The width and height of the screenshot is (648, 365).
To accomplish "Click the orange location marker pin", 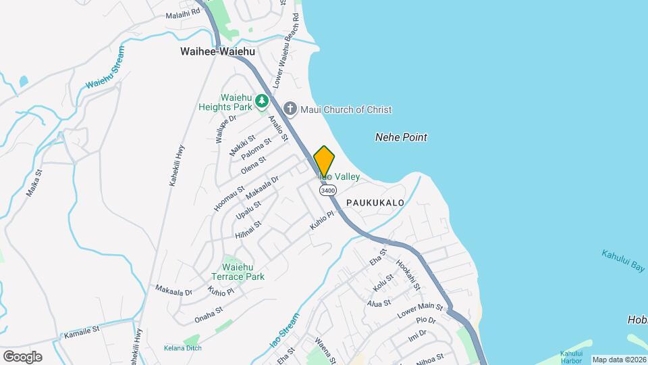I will [x=324, y=162].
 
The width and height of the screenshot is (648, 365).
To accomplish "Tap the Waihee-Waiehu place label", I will [x=211, y=51].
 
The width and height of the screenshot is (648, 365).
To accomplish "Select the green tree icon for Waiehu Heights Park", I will [x=261, y=101].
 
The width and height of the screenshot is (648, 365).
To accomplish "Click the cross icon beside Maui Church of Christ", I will [x=290, y=109].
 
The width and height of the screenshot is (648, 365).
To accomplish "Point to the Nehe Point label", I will [x=401, y=137].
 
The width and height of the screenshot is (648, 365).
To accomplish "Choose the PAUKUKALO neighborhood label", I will [x=375, y=203].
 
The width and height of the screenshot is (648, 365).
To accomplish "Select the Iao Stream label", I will [x=283, y=331].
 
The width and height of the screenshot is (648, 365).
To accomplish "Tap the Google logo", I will [x=22, y=357].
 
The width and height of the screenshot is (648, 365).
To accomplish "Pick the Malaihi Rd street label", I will [x=182, y=12].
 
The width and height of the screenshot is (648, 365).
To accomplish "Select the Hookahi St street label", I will [x=408, y=275].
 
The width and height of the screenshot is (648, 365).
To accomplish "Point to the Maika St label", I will [x=34, y=182].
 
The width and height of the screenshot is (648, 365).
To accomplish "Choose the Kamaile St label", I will [x=82, y=331].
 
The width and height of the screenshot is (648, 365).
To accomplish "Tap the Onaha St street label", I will [x=209, y=314].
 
